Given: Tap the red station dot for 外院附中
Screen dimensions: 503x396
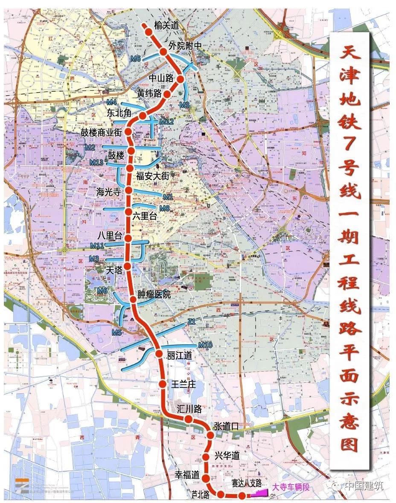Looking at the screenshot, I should point(163,52).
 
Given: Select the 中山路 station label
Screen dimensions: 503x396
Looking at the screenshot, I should point(160,78).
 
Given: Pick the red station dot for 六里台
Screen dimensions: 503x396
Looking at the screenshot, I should point(128,212).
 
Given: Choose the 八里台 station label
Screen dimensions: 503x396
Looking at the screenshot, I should point(110,236).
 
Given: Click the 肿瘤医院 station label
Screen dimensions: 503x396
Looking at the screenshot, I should point(154,294).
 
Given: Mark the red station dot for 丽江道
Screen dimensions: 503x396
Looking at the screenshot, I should point(158,354).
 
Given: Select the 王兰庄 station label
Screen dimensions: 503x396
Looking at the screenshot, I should point(183,384).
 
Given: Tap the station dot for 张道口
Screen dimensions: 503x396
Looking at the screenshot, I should point(210,435).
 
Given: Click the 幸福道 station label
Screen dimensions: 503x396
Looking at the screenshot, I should point(187,474).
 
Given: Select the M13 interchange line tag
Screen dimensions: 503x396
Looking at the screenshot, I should point(96,163).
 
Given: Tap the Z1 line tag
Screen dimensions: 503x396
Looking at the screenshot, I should point(191,323).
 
